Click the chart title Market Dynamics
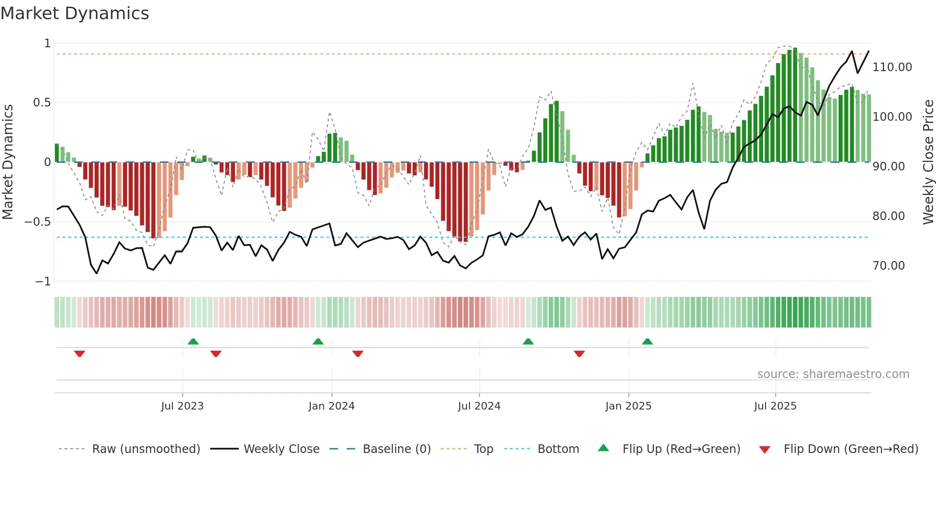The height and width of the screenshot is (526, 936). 75,13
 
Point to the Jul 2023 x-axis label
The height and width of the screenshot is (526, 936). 182,406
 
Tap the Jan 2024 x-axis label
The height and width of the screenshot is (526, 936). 331,406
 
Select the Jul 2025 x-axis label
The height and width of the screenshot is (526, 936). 775,406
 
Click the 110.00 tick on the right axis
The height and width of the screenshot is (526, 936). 892,67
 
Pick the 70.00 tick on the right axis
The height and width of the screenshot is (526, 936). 888,266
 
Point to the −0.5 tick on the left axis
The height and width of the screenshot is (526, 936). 37,222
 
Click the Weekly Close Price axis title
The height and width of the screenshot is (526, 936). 928,162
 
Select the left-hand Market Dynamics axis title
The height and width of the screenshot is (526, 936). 8,162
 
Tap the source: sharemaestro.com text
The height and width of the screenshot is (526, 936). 833,374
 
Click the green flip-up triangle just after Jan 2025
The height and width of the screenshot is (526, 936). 647,342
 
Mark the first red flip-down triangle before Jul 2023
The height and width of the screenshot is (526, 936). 80,354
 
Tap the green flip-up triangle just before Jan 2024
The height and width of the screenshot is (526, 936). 318,342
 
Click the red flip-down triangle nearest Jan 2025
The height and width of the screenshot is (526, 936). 579,354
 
